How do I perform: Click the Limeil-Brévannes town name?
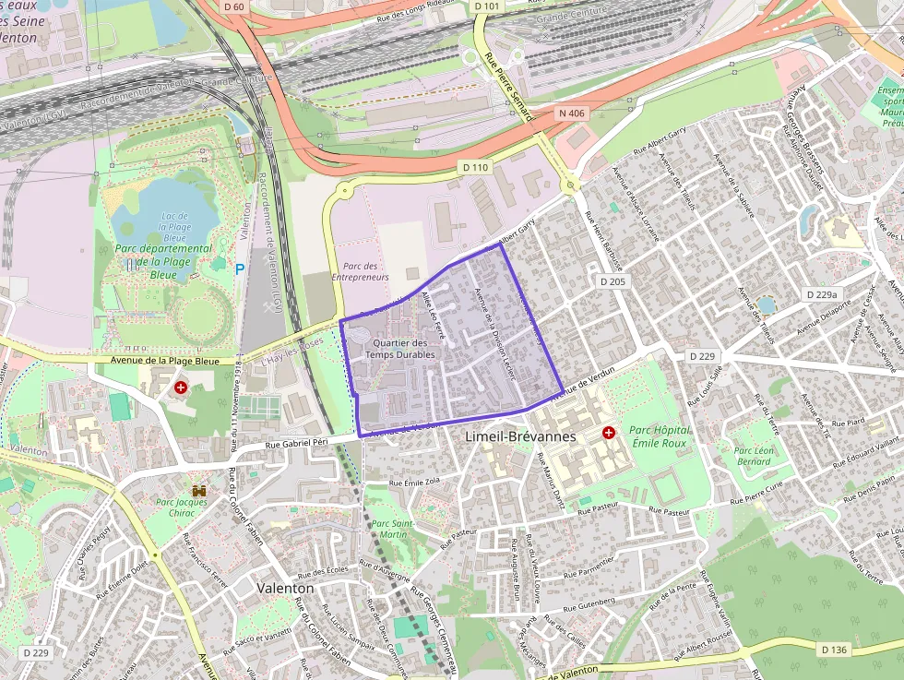[521, 435]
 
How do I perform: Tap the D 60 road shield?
[235, 7]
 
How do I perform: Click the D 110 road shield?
[473, 167]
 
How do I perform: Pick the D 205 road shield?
[613, 281]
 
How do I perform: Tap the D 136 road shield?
[833, 650]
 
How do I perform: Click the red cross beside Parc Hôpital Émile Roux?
[609, 432]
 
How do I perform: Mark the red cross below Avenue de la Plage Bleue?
[181, 388]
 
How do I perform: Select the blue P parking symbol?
[240, 269]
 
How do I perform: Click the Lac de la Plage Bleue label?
[174, 221]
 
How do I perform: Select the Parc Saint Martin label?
[389, 529]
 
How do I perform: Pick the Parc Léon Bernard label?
[753, 456]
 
